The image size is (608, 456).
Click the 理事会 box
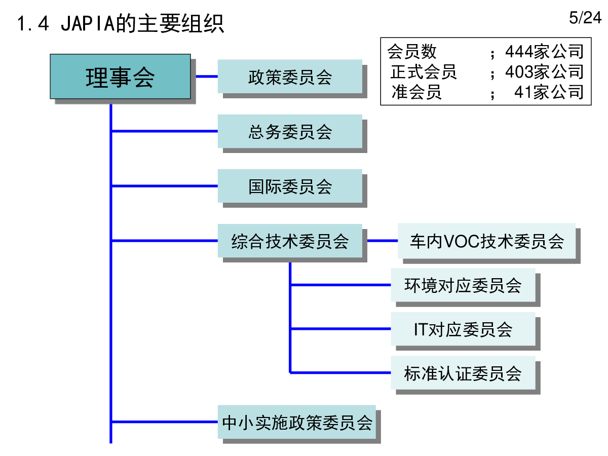[x=120, y=77]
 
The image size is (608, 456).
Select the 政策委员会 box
[x=290, y=77]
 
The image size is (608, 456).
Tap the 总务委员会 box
[x=290, y=131]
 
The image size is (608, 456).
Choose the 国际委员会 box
[x=290, y=186]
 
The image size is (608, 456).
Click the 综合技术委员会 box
[x=290, y=241]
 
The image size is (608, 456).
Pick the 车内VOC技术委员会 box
[x=487, y=241]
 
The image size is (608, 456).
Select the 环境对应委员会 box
[x=463, y=285]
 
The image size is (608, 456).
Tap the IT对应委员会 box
[x=463, y=329]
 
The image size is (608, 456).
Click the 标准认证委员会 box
[x=463, y=373]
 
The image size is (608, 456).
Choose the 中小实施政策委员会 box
[x=297, y=422]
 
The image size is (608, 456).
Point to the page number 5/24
[x=585, y=18]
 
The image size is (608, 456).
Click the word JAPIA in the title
[x=88, y=23]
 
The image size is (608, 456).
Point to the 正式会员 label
[x=424, y=72]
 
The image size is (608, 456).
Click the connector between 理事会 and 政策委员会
[x=207, y=77]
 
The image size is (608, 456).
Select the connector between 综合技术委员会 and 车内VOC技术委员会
[x=383, y=241]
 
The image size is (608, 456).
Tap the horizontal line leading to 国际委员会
[x=164, y=186]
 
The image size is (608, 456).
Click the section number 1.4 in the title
[x=33, y=23]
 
